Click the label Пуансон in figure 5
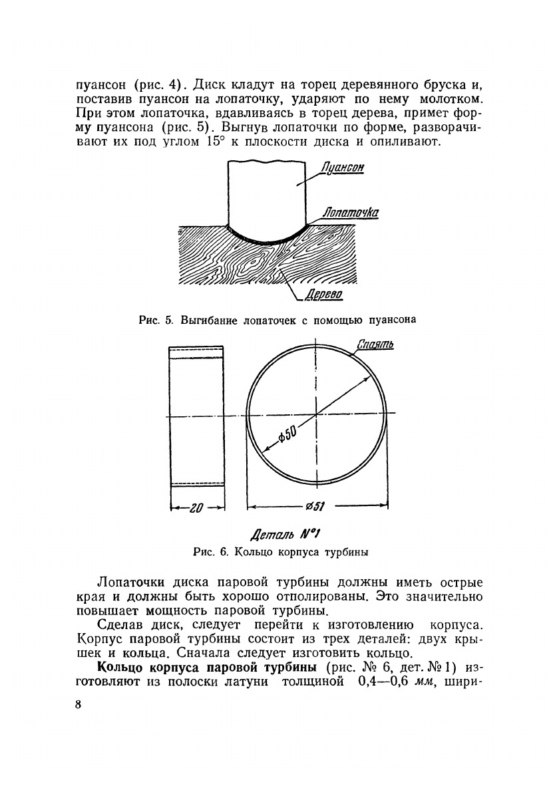(x=341, y=168)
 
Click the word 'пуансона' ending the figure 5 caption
(x=392, y=319)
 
